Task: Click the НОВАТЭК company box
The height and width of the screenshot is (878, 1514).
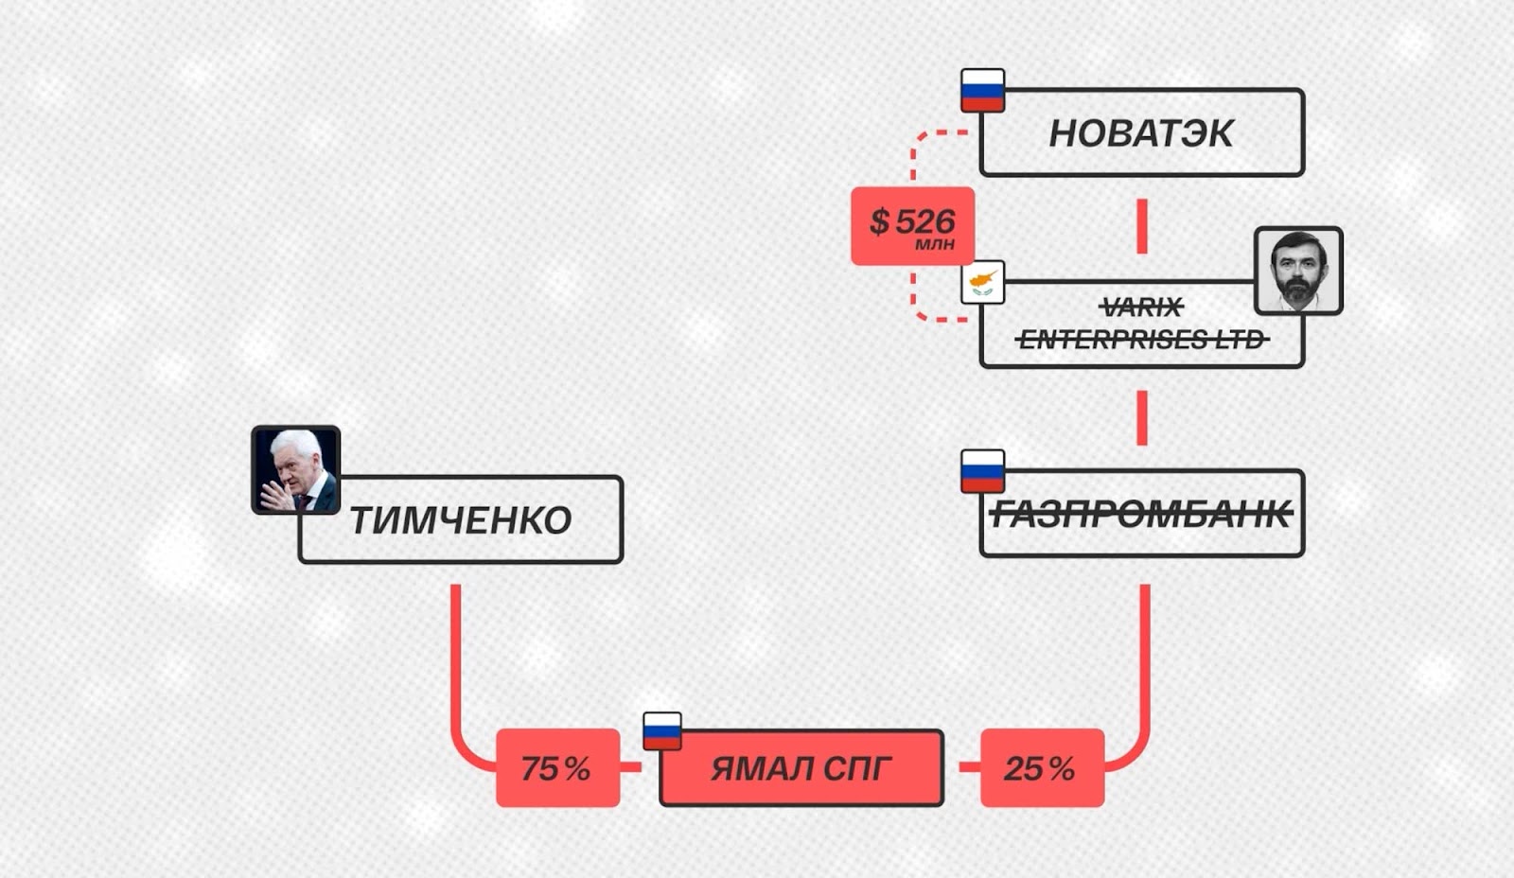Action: pyautogui.click(x=1141, y=133)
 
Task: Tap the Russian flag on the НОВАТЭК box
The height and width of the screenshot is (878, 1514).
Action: pyautogui.click(x=982, y=90)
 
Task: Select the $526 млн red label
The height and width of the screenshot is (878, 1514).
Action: pyautogui.click(x=912, y=226)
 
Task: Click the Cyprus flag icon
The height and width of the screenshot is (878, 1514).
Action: pyautogui.click(x=982, y=282)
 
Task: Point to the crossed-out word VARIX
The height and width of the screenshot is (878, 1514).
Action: pyautogui.click(x=1142, y=307)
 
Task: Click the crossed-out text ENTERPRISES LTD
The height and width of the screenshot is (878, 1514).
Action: pyautogui.click(x=1141, y=339)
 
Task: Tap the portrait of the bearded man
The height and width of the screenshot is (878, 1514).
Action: pyautogui.click(x=1298, y=270)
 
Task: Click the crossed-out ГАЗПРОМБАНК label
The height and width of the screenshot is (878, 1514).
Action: pyautogui.click(x=1141, y=515)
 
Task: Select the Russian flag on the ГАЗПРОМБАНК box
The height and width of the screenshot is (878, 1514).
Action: pyautogui.click(x=982, y=471)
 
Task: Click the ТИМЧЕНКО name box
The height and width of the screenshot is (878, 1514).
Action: pyautogui.click(x=461, y=520)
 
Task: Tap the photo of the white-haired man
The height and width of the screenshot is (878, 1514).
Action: pyautogui.click(x=295, y=470)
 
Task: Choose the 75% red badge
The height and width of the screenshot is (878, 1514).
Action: pyautogui.click(x=557, y=768)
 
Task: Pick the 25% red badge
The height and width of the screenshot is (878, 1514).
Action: pyautogui.click(x=1042, y=768)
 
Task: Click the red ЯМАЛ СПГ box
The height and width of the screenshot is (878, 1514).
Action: pyautogui.click(x=801, y=768)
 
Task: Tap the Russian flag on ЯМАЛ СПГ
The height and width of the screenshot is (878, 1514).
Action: pyautogui.click(x=661, y=731)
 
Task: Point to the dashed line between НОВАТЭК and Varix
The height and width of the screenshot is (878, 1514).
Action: pyautogui.click(x=1142, y=226)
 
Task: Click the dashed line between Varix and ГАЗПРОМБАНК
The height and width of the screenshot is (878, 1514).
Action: pyautogui.click(x=1142, y=417)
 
